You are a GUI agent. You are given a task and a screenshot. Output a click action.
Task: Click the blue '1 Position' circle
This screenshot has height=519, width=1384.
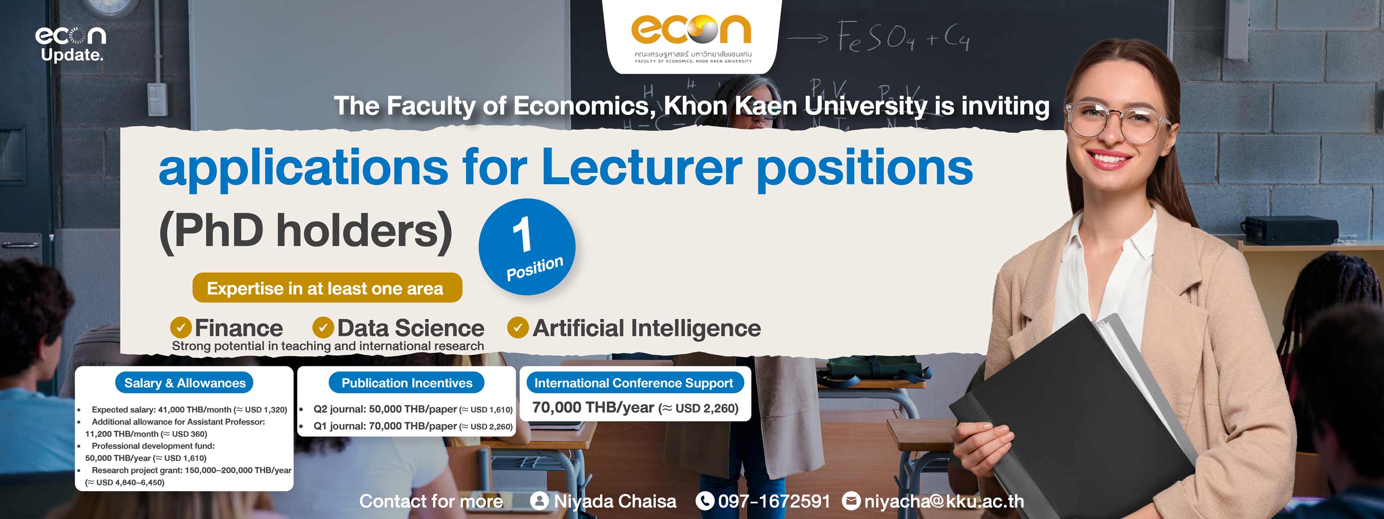pyautogui.click(x=526, y=247)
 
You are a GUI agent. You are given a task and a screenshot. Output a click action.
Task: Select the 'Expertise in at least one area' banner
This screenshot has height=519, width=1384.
pyautogui.click(x=327, y=287)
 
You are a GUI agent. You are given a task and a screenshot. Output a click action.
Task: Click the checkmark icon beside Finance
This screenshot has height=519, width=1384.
pyautogui.click(x=181, y=327)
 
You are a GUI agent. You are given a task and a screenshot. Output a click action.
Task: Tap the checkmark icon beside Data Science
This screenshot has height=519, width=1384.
pyautogui.click(x=323, y=327)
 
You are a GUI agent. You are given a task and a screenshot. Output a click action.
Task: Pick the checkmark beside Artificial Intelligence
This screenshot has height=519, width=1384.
pyautogui.click(x=518, y=327)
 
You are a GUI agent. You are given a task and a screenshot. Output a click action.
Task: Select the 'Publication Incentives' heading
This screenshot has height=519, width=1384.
pyautogui.click(x=407, y=382)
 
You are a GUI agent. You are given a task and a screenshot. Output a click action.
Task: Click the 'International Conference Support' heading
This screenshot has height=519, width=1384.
pyautogui.click(x=634, y=382)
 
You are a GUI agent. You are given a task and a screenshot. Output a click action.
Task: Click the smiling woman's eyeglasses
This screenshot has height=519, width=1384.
pyautogui.click(x=1116, y=120)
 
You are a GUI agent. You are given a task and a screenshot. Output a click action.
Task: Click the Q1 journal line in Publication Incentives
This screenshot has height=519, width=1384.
pyautogui.click(x=412, y=426)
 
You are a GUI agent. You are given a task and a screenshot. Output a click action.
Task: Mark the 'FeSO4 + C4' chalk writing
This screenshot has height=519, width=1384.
pyautogui.click(x=904, y=36)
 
